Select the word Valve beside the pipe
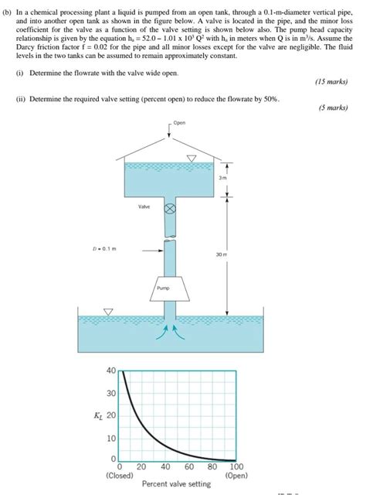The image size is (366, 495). pyautogui.click(x=144, y=207)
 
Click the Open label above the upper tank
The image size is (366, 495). pyautogui.click(x=180, y=123)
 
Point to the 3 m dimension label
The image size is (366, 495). pyautogui.click(x=222, y=178)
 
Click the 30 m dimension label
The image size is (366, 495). pyautogui.click(x=221, y=252)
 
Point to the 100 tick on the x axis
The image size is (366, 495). pyautogui.click(x=236, y=467)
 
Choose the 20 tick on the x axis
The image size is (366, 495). pyautogui.click(x=141, y=467)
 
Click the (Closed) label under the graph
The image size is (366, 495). pyautogui.click(x=119, y=476)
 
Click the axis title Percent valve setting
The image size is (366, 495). pyautogui.click(x=176, y=484)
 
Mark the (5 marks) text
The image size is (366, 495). pyautogui.click(x=334, y=108)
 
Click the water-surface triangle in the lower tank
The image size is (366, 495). pyautogui.click(x=108, y=312)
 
